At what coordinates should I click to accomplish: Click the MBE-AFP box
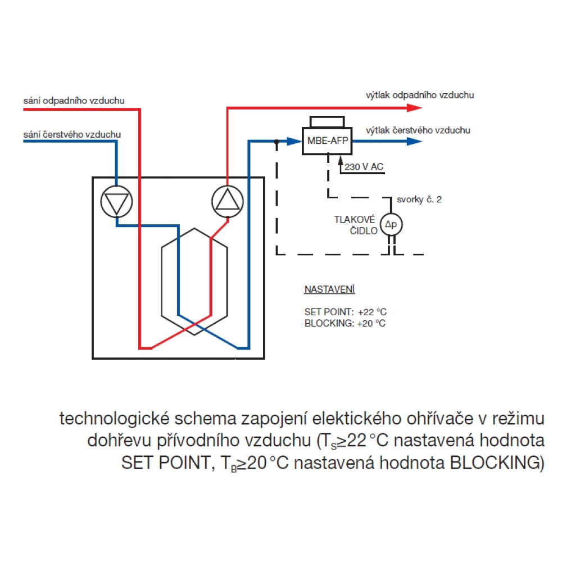click(x=327, y=141)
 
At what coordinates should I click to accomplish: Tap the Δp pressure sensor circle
click(x=391, y=224)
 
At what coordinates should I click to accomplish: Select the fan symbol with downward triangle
click(x=116, y=201)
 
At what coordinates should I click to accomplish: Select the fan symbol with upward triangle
click(x=228, y=201)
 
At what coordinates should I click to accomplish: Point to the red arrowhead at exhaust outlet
click(x=415, y=107)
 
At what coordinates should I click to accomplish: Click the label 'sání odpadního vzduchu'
click(x=74, y=101)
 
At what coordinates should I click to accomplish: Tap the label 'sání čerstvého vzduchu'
click(x=72, y=134)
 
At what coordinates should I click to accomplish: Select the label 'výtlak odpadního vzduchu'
click(x=420, y=95)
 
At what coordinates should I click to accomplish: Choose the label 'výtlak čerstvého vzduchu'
click(x=418, y=130)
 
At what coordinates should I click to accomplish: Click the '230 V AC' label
click(x=364, y=167)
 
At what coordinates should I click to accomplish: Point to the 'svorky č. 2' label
click(x=419, y=200)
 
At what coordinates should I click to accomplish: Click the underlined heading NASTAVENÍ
click(x=330, y=289)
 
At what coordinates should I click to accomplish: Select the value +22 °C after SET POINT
click(x=372, y=312)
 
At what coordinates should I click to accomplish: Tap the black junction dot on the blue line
click(x=277, y=142)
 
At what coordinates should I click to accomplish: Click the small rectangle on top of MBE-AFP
click(x=327, y=122)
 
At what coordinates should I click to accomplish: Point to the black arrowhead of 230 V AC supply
click(x=341, y=160)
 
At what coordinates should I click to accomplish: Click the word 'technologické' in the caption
click(x=114, y=419)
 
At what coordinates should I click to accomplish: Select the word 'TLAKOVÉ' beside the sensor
click(x=355, y=219)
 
